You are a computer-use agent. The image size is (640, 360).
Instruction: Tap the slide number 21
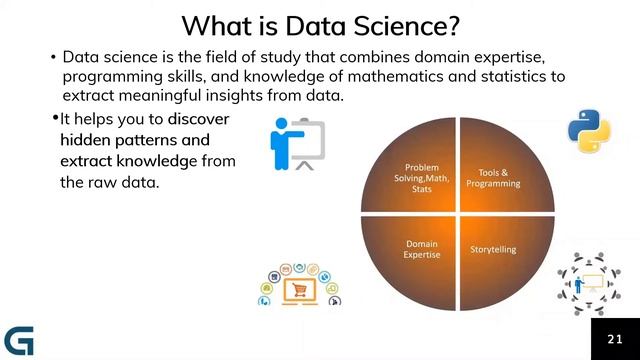pyautogui.click(x=614, y=340)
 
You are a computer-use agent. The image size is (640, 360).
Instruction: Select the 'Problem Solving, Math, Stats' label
pyautogui.click(x=428, y=177)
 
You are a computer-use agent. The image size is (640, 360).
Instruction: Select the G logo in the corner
pyautogui.click(x=19, y=340)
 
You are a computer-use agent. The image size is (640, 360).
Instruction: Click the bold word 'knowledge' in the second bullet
pyautogui.click(x=162, y=161)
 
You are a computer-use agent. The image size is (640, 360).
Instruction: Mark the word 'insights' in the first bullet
pyautogui.click(x=251, y=95)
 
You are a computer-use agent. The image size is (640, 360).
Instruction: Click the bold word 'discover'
pyautogui.click(x=199, y=119)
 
